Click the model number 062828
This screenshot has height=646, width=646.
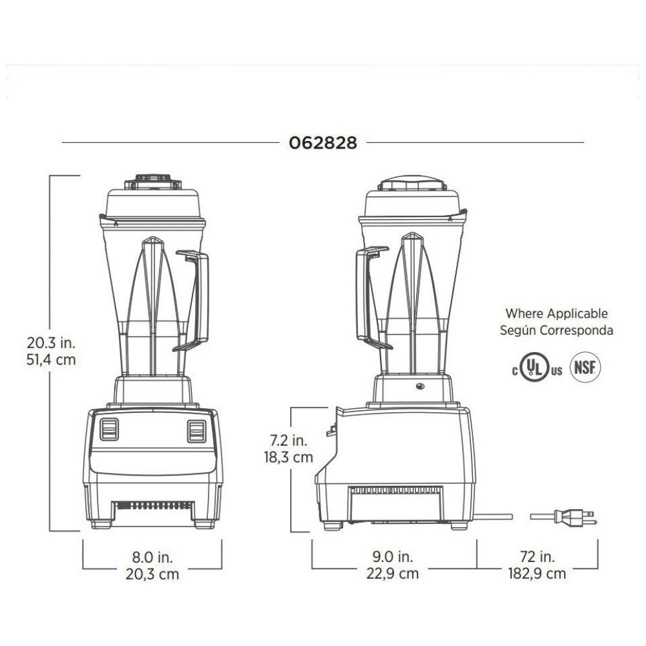click(x=322, y=143)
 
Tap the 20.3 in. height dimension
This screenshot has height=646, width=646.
click(x=51, y=343)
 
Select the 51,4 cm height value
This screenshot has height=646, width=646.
click(x=51, y=360)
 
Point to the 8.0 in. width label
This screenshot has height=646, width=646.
click(x=152, y=557)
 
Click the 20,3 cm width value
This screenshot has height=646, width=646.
click(x=152, y=574)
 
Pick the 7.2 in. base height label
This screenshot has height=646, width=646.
click(x=288, y=441)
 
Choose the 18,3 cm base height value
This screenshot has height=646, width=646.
click(x=288, y=457)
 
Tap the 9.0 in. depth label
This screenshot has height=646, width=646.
click(x=393, y=557)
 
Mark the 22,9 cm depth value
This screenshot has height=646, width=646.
click(x=393, y=574)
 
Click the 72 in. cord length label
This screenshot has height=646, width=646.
click(x=537, y=557)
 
